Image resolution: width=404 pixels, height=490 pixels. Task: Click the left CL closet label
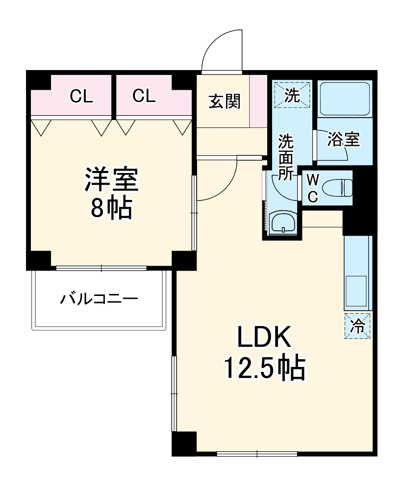[81, 96]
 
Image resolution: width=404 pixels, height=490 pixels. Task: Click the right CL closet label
[144, 96]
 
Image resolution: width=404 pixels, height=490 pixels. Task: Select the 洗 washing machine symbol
[292, 94]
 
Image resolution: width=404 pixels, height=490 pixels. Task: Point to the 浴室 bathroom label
[344, 140]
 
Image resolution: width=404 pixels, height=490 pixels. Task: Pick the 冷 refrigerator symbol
[358, 325]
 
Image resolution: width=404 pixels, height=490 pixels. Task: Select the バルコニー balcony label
[100, 298]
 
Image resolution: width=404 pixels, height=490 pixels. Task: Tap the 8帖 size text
[111, 209]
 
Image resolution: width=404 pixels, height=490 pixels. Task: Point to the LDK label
[265, 339]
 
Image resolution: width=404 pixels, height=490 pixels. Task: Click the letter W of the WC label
[313, 180]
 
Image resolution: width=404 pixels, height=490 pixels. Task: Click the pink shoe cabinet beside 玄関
[258, 101]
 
